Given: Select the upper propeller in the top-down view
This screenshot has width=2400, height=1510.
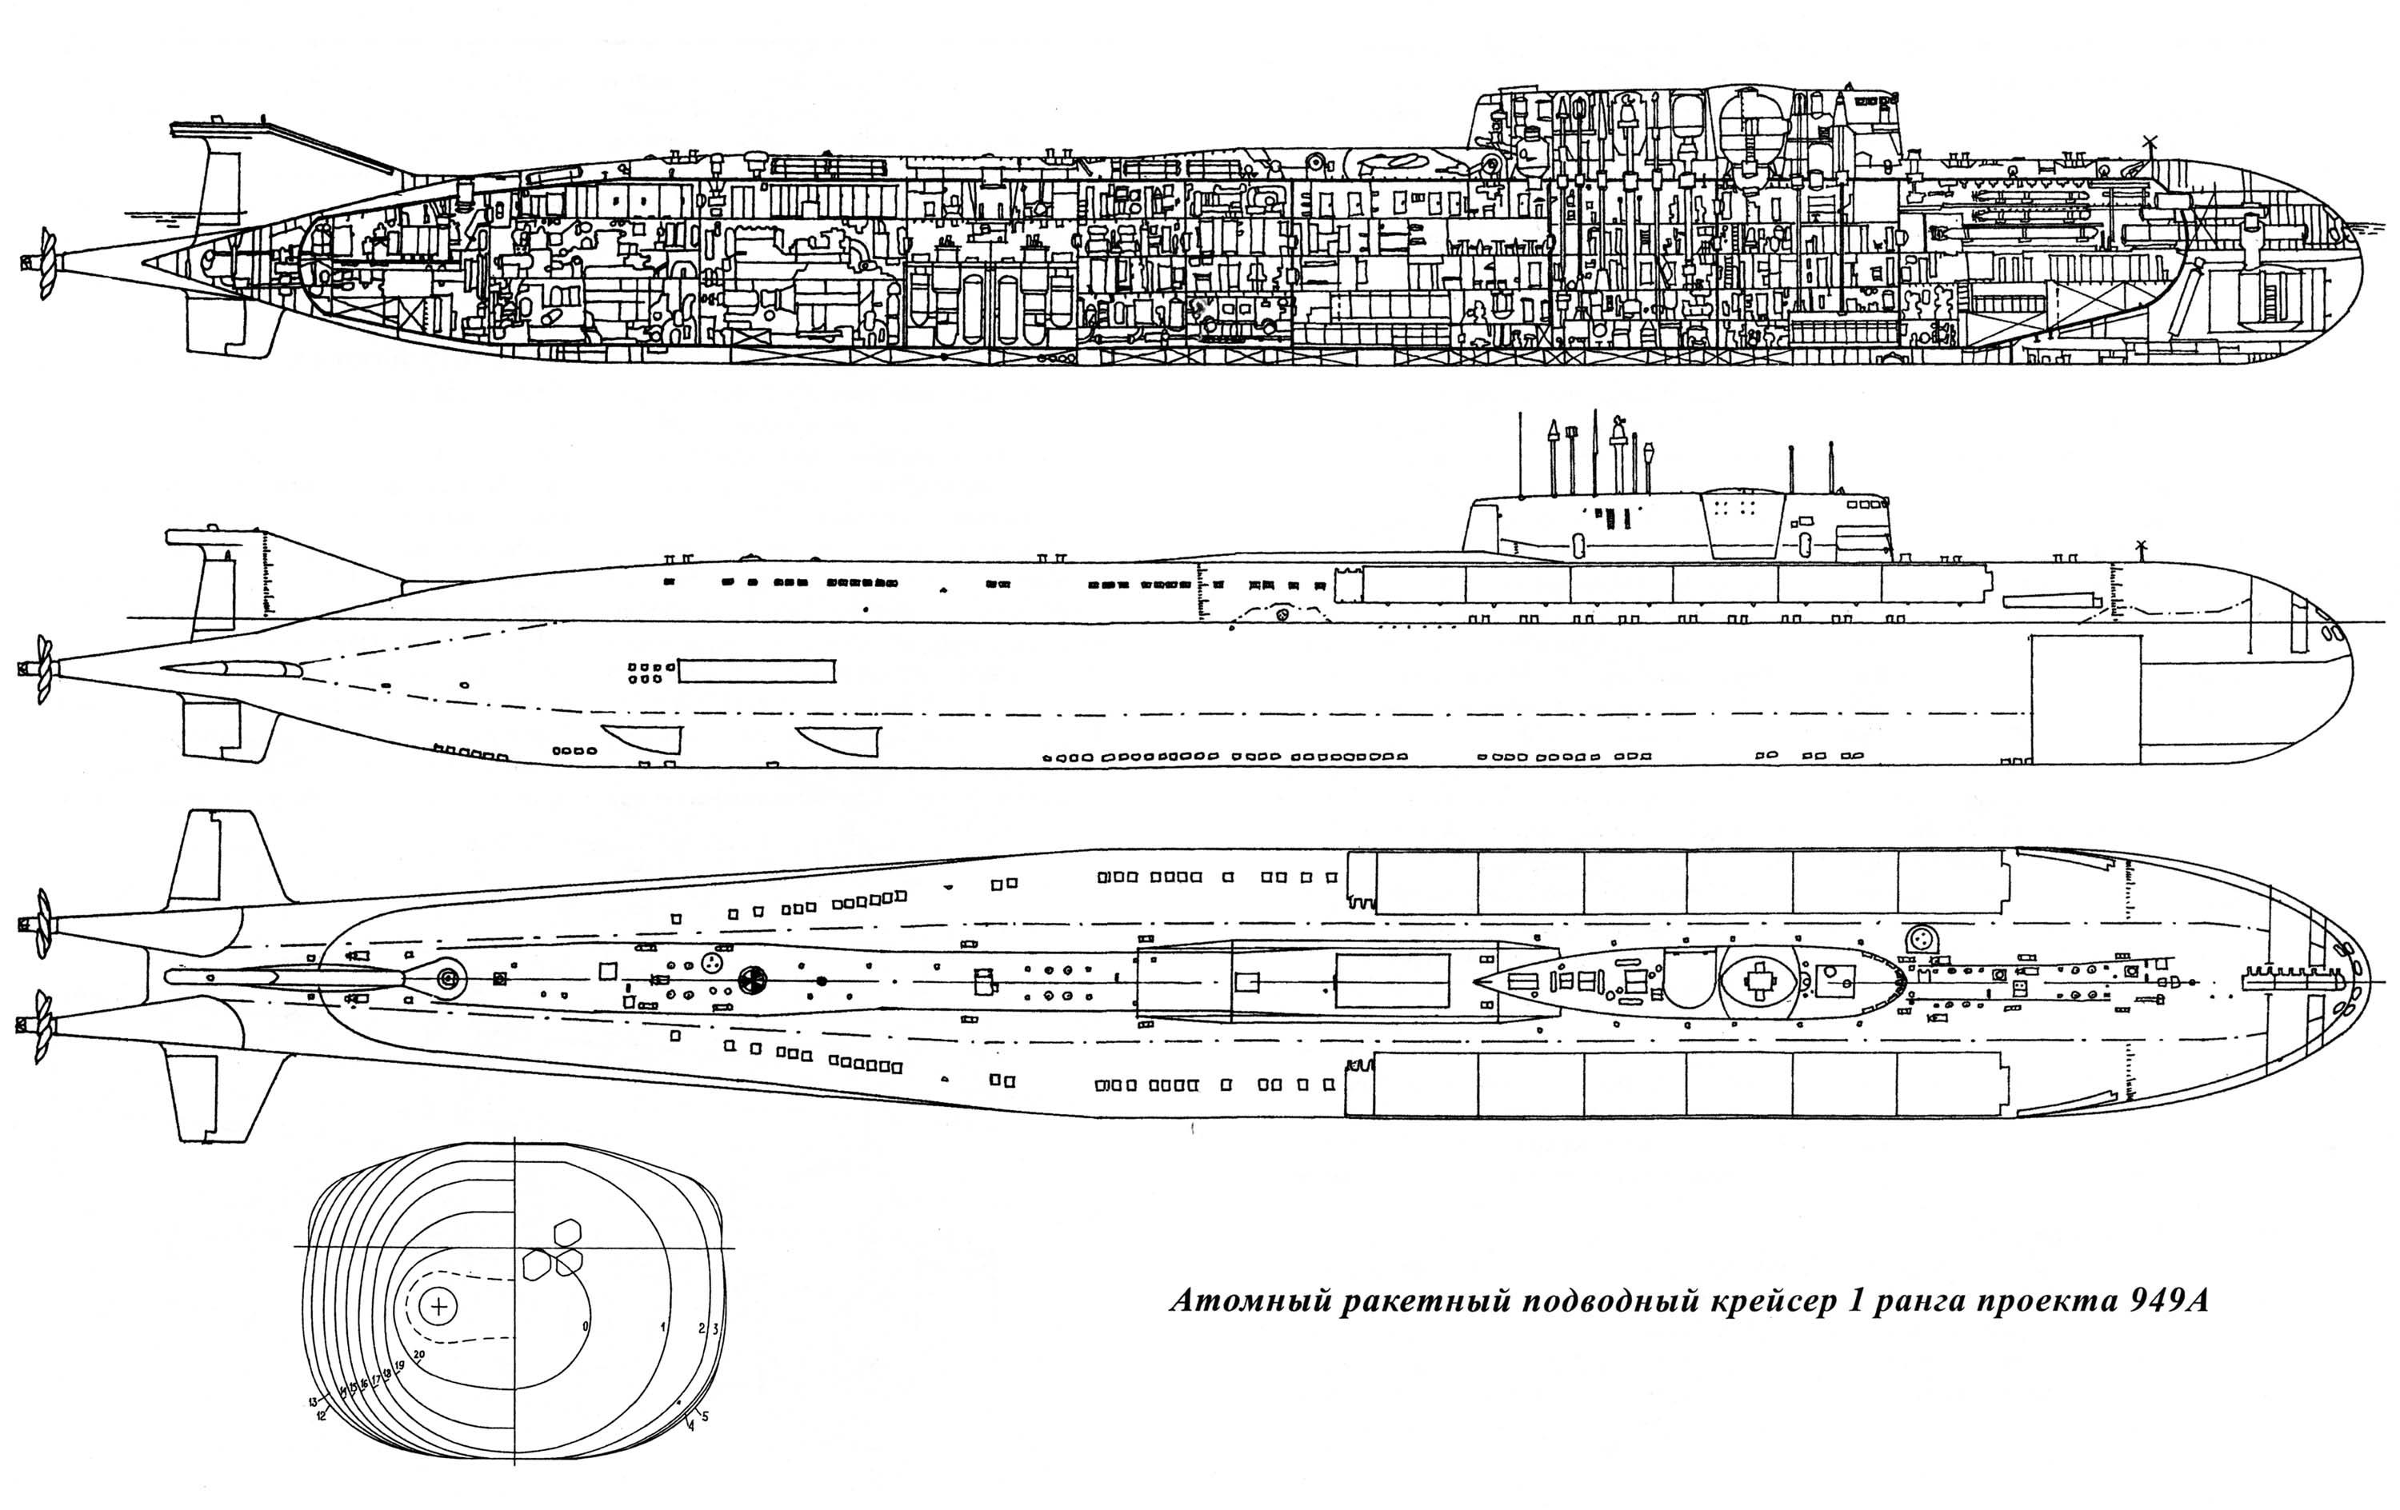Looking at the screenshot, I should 42,924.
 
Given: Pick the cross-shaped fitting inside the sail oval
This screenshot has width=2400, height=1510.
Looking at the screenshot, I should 1760,981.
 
